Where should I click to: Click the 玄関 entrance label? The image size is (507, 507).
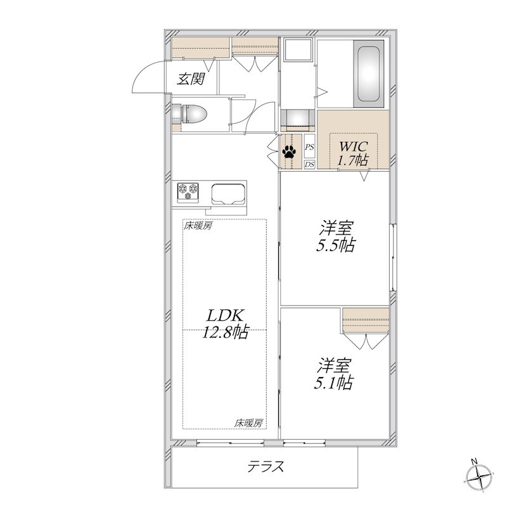click(191, 79)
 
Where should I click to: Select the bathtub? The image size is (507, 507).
click(369, 74)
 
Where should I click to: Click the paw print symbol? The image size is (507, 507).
click(289, 151)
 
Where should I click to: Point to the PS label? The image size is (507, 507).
click(309, 147)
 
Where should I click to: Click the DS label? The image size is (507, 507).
click(309, 165)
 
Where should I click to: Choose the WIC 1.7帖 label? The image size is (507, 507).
click(353, 153)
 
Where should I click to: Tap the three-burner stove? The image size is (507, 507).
click(188, 191)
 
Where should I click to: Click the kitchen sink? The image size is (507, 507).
click(228, 194)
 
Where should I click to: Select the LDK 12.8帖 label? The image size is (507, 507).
click(225, 323)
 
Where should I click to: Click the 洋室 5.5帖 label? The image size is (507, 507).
click(336, 236)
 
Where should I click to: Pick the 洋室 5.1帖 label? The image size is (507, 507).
click(334, 374)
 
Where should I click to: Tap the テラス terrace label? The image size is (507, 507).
click(266, 466)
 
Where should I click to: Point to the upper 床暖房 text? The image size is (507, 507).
click(198, 226)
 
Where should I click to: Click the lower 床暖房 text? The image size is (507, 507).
click(248, 423)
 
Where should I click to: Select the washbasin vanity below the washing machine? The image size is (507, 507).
click(297, 120)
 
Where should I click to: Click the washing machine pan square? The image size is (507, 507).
click(298, 50)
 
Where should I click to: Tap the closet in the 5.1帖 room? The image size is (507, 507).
click(366, 321)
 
